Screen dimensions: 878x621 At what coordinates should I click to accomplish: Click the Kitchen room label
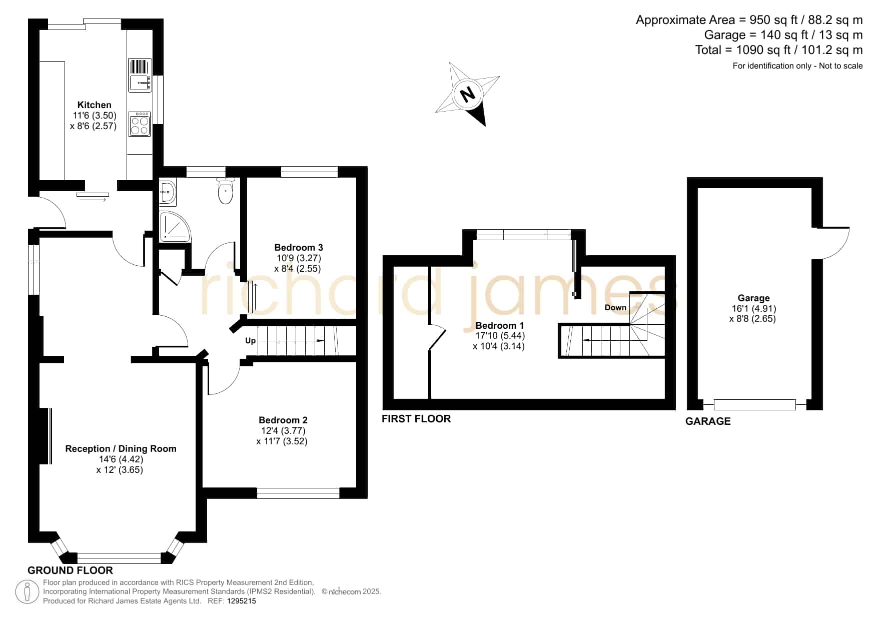(x=94, y=105)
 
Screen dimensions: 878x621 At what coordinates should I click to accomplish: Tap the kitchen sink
(x=140, y=75)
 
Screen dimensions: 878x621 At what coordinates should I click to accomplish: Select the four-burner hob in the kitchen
(x=140, y=124)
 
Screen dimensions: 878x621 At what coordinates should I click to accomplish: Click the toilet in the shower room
(x=226, y=191)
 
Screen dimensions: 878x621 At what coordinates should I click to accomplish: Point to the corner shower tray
(x=175, y=227)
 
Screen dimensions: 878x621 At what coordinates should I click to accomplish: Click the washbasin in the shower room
(x=168, y=192)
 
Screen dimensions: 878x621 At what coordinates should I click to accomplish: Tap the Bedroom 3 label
(x=299, y=247)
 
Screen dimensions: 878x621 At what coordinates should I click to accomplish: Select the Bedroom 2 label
(x=283, y=420)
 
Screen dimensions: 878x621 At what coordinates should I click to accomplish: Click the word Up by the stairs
(x=250, y=341)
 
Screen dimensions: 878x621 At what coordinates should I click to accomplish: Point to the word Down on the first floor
(x=615, y=307)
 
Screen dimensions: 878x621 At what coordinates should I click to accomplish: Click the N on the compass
(x=468, y=94)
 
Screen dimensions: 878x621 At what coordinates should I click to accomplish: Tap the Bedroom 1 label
(x=500, y=325)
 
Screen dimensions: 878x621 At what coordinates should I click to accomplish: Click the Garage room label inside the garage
(x=753, y=298)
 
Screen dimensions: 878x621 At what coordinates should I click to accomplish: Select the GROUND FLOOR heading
(x=70, y=570)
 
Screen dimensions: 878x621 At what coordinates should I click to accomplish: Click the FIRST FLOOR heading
(x=416, y=419)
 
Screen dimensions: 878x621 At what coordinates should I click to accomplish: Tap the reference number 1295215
(x=242, y=601)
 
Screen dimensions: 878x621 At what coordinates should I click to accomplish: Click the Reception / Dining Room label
(x=121, y=449)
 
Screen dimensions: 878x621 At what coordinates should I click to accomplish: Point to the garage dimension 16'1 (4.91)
(x=753, y=308)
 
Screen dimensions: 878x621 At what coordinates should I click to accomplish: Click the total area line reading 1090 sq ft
(x=779, y=50)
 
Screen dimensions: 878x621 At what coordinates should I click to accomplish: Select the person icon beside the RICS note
(x=27, y=592)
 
